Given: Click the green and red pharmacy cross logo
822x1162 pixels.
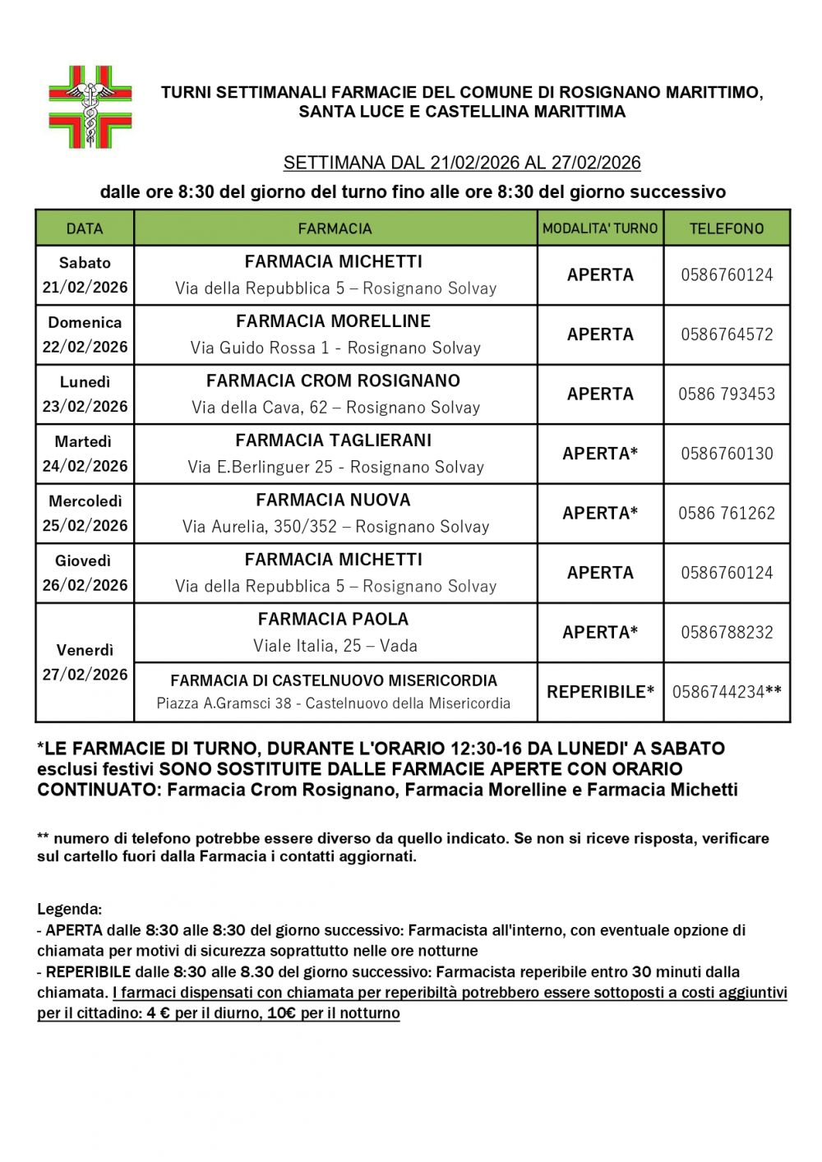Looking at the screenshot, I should [x=90, y=107].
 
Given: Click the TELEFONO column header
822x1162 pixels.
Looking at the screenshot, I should [x=727, y=228].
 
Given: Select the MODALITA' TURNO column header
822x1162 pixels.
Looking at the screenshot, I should [x=600, y=228].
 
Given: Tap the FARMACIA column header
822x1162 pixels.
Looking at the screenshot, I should [x=335, y=228].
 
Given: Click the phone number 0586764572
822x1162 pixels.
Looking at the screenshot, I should [x=727, y=334].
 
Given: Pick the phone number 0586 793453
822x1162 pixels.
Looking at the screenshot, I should [x=727, y=394].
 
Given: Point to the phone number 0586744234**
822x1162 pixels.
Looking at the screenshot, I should [x=727, y=692].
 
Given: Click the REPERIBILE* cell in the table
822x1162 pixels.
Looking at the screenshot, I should [x=600, y=692].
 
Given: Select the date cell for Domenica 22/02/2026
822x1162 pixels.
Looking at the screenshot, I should [x=85, y=334].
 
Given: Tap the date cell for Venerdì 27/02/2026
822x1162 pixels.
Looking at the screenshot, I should [x=85, y=662].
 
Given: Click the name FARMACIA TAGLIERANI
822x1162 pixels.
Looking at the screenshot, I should [x=334, y=440].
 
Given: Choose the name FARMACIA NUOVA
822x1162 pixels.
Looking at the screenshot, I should [x=334, y=500].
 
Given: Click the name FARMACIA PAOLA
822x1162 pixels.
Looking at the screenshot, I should [x=333, y=619].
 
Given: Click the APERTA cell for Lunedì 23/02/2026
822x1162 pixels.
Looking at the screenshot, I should [x=600, y=394].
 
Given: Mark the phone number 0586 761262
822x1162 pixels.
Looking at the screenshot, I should [x=727, y=513].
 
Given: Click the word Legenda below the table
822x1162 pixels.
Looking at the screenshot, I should [x=69, y=910].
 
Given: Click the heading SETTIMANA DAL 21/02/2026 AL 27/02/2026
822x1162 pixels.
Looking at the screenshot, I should [x=462, y=163].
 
